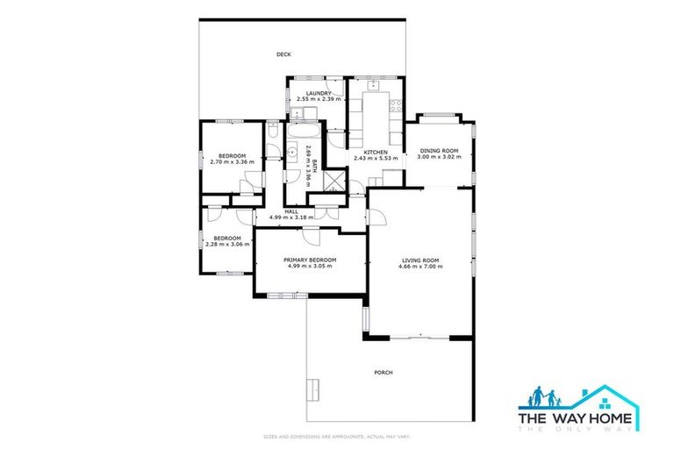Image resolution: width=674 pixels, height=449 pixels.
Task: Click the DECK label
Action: coord(283,54)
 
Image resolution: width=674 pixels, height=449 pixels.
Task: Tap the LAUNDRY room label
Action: coord(318,93)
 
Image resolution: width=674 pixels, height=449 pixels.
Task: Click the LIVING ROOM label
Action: coord(420,260)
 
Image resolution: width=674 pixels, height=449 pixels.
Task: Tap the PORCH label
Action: coord(383,373)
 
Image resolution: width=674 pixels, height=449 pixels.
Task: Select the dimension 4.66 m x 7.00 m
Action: coord(420,267)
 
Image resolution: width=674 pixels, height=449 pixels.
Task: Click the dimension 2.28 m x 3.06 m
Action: coord(227,245)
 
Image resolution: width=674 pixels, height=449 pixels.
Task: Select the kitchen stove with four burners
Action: coord(396,110)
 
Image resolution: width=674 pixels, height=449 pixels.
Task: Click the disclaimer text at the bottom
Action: coord(337,436)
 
